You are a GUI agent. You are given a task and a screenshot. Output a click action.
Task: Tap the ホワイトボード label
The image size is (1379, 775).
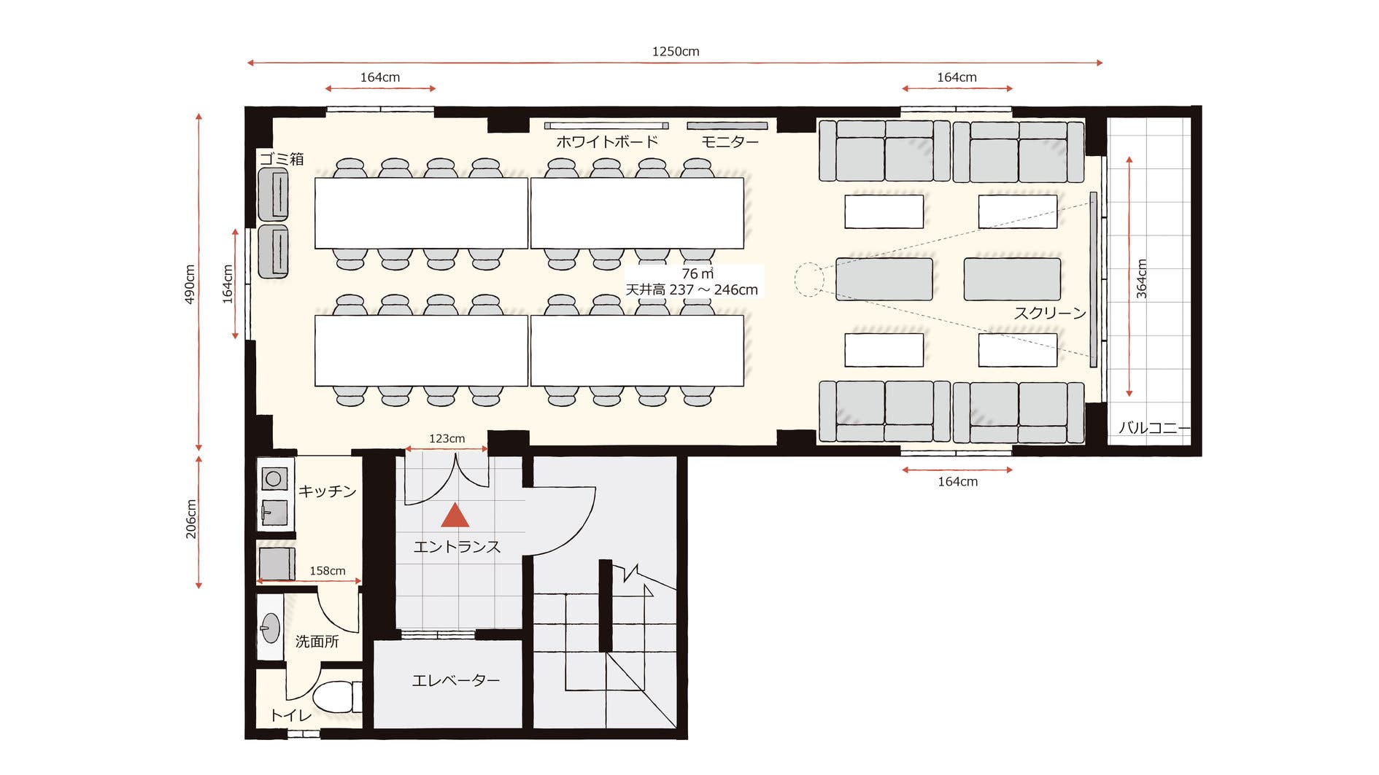607,141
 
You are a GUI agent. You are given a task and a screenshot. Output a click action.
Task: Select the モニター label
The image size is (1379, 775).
730,141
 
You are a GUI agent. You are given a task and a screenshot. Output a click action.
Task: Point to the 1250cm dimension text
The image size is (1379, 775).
676,51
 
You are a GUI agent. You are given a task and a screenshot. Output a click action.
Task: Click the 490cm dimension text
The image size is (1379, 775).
190,284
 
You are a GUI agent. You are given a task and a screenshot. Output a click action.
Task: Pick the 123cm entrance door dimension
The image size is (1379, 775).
447,438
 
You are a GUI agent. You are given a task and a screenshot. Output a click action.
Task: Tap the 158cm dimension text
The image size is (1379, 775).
328,571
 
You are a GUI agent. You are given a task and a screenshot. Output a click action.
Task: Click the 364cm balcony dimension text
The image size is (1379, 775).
1142,279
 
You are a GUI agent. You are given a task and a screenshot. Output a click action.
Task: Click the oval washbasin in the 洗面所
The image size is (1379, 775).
271,628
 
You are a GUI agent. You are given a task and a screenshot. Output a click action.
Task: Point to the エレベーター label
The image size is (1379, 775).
456,680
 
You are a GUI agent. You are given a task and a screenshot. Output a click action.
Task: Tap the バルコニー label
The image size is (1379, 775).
1154,428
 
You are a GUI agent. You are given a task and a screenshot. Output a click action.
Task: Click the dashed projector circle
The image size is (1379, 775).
808,280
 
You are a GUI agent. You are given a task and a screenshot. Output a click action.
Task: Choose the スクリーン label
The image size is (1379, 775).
1050,313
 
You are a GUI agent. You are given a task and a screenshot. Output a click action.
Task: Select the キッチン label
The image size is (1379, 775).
328,491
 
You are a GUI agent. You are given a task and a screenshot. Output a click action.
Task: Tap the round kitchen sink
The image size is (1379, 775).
274,478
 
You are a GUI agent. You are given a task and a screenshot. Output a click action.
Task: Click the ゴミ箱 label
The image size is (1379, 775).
282,159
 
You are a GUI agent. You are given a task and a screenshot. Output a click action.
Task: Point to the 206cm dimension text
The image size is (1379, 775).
191,519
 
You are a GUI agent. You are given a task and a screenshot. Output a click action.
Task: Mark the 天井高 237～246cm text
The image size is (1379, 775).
692,289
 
